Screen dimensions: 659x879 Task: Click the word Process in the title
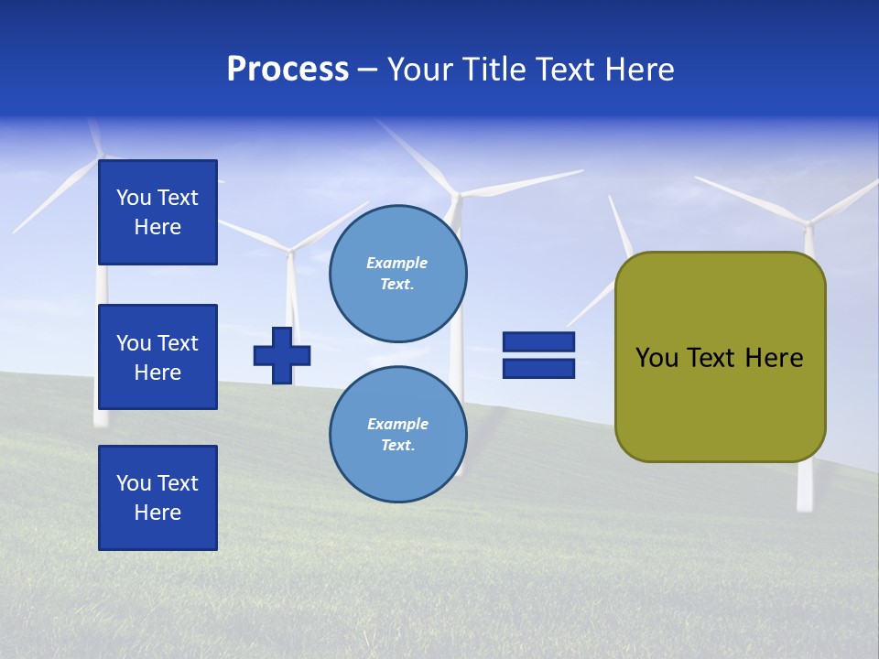coord(288,70)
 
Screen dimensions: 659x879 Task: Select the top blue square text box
coord(157,212)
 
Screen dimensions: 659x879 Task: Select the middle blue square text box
coord(157,357)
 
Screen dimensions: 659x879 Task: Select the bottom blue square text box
coord(157,497)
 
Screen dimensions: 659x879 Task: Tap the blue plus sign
coord(282,355)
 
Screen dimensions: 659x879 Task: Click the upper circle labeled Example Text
coord(397,274)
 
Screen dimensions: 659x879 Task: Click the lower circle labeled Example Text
coord(397,434)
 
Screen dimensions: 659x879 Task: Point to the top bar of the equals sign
coord(538,341)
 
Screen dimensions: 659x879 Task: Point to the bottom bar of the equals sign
coord(538,369)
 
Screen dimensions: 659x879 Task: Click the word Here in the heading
coord(639,70)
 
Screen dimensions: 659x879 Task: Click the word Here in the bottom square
coord(157,513)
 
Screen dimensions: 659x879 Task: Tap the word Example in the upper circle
coord(397,263)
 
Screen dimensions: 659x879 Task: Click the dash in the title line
coord(368,70)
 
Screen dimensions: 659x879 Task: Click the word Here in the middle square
coord(157,373)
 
